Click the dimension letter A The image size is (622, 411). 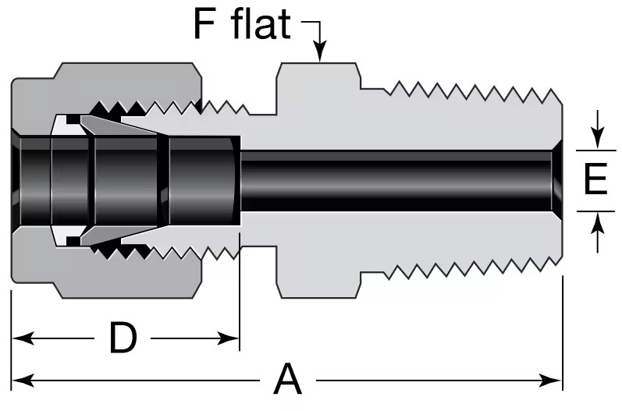click(288, 379)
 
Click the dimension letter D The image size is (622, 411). click(123, 338)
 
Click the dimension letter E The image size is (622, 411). click(595, 179)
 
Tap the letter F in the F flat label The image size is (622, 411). click(204, 24)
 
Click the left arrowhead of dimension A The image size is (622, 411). click(23, 381)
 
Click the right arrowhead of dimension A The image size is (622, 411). click(552, 381)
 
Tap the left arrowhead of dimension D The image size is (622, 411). click(23, 338)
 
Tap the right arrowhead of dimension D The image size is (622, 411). click(228, 338)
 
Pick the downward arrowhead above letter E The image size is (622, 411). click(597, 139)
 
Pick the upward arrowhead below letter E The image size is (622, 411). click(597, 224)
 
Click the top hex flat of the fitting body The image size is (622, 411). click(318, 63)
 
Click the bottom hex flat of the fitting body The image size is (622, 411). click(318, 298)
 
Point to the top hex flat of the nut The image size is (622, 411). click(127, 63)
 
